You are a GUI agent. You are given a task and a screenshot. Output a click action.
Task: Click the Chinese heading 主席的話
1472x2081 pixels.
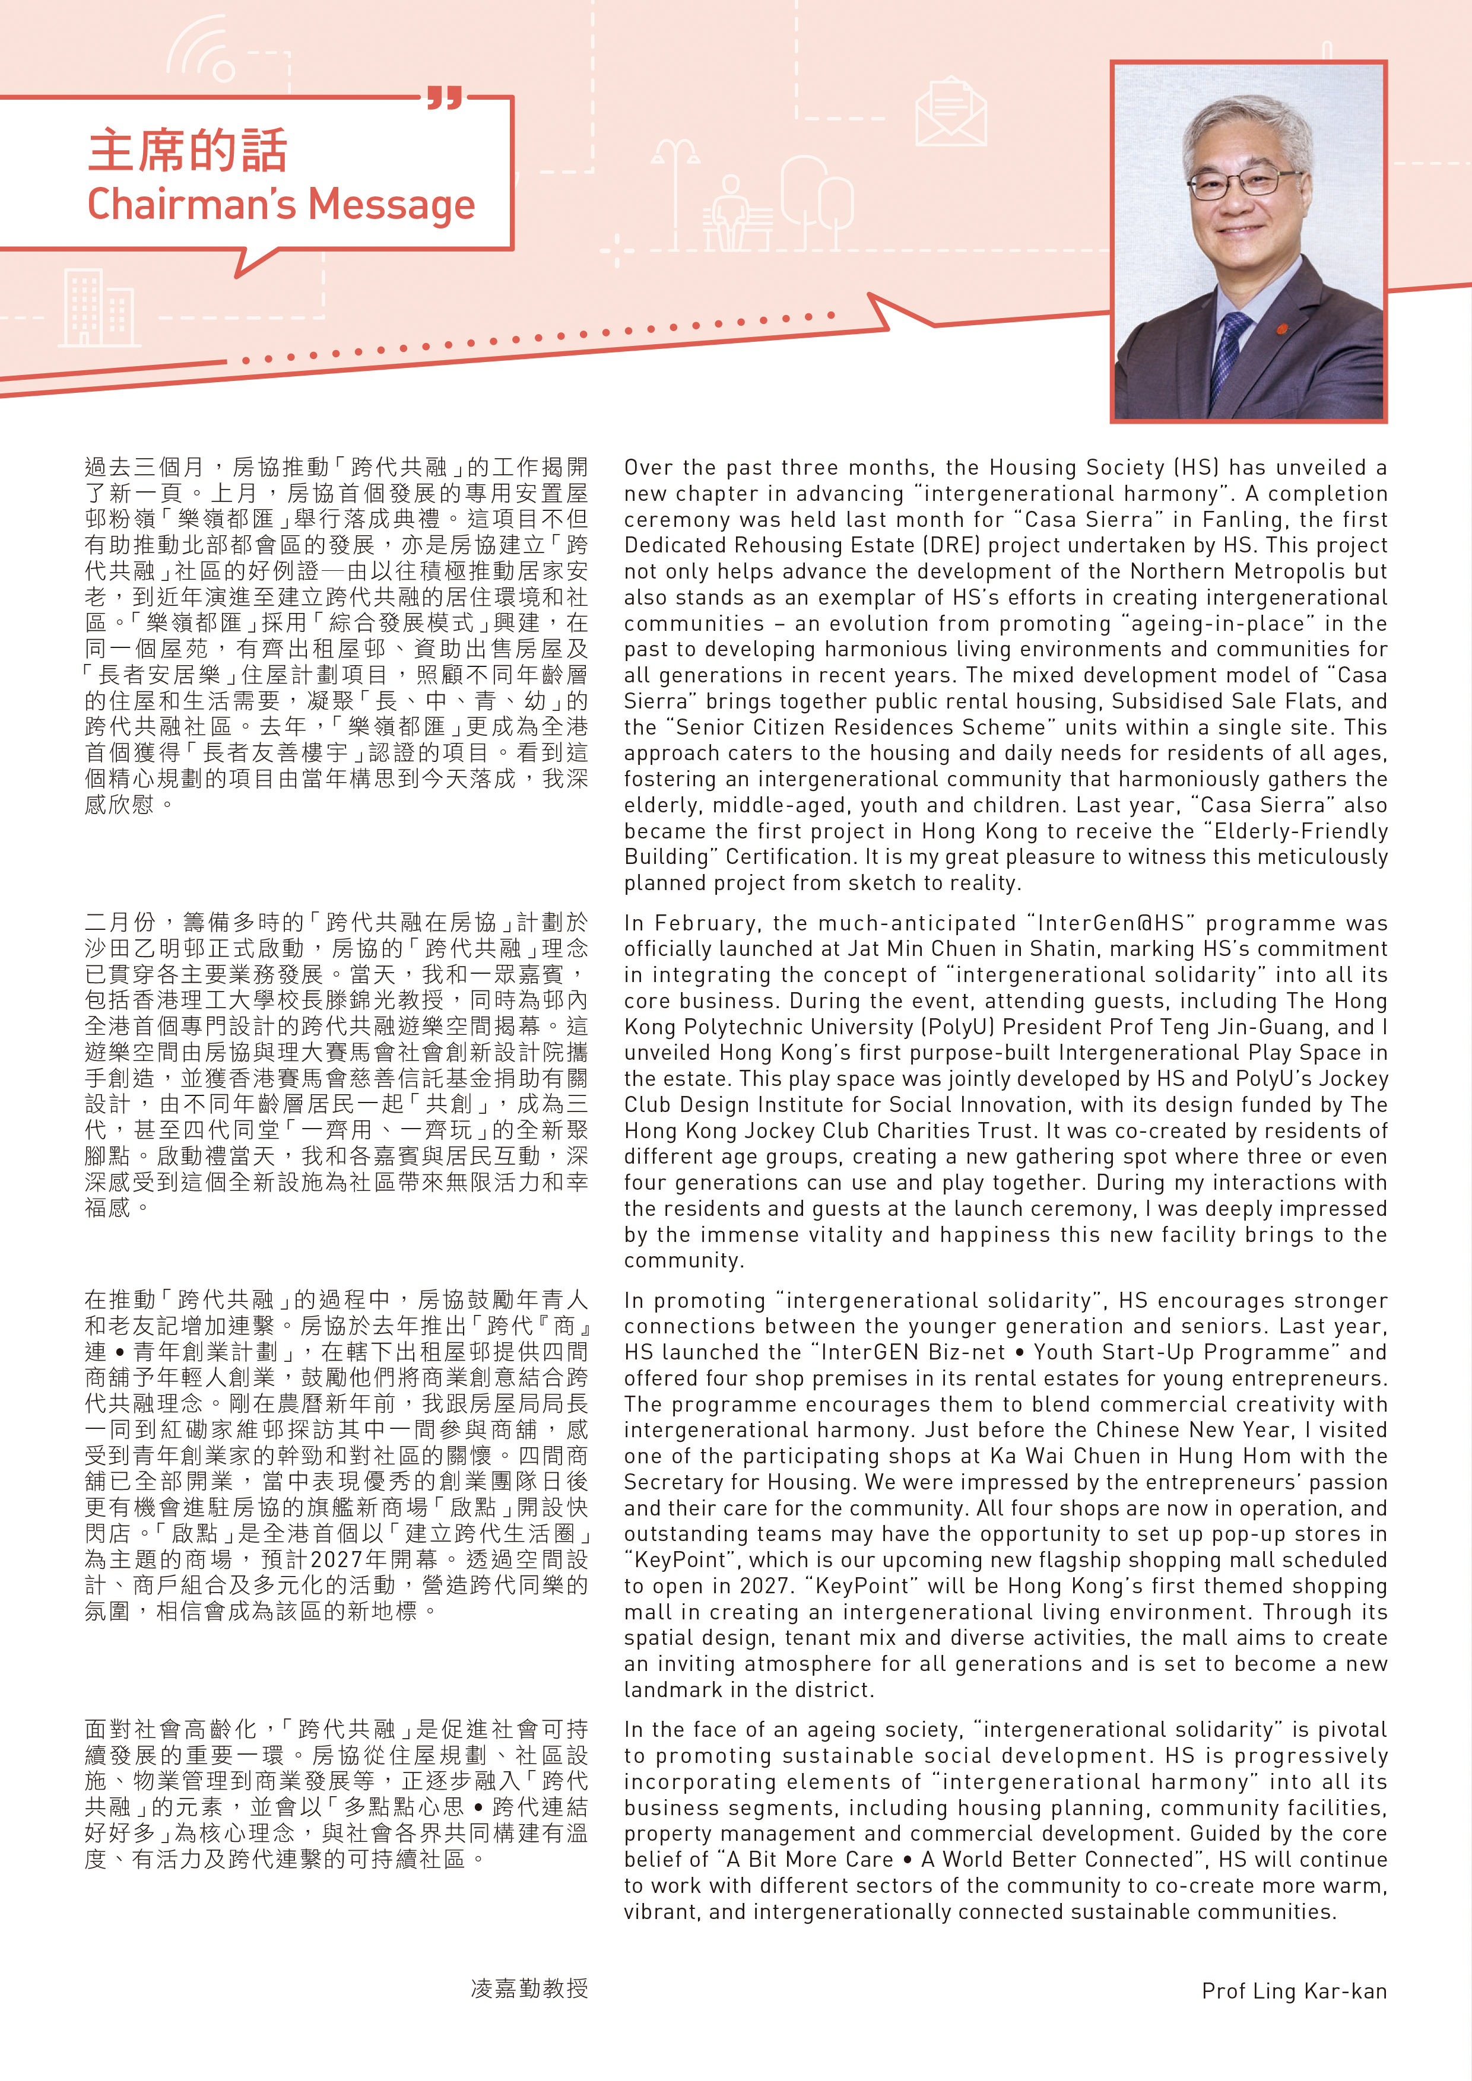(x=188, y=151)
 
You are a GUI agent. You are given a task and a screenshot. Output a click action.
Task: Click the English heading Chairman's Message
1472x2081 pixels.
(x=281, y=204)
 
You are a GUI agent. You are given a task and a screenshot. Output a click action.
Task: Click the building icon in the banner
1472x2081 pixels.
(x=98, y=309)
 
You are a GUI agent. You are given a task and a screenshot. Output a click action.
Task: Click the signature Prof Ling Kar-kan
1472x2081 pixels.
(x=1293, y=1990)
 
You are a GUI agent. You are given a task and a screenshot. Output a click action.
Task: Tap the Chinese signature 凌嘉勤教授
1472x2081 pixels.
(x=529, y=1988)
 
